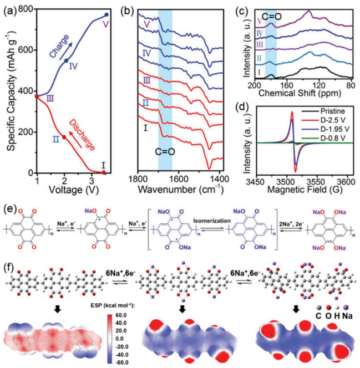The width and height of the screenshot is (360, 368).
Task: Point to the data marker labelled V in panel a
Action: click(107, 14)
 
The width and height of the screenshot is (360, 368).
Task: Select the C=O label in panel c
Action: click(276, 17)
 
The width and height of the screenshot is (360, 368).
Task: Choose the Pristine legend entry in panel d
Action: click(330, 101)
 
